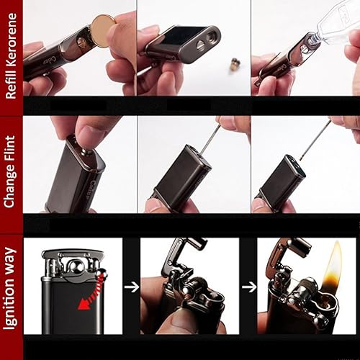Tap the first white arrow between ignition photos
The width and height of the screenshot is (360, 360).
[x=130, y=286]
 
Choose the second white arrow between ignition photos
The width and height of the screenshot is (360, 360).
[x=248, y=286]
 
